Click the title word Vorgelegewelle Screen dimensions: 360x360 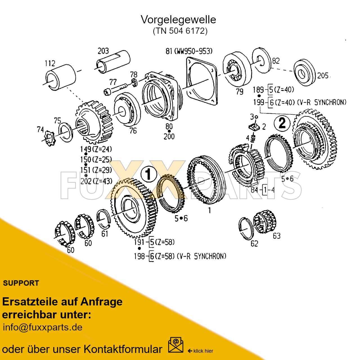178,20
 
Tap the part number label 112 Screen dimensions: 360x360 50,63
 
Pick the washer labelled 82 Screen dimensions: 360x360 262,60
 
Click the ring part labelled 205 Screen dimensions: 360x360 304,73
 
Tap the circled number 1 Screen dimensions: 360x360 148,174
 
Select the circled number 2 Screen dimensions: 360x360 282,123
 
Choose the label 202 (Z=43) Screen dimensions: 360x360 96,181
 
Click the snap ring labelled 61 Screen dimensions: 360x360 103,219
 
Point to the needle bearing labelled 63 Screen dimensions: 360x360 265,221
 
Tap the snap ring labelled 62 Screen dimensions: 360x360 246,228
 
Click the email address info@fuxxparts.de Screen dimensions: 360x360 43,327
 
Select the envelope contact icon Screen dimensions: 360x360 175,345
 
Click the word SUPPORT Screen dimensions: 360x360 21,283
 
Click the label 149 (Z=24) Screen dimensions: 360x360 96,149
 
